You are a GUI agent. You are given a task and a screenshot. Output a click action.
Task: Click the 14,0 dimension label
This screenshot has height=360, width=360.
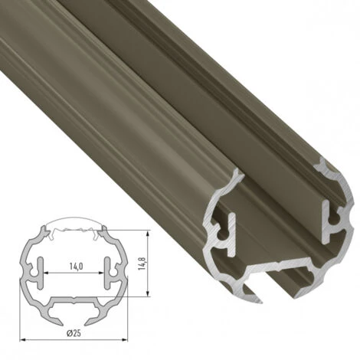pos(75,267)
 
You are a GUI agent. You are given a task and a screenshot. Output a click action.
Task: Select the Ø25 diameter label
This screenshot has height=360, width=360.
pos(74,333)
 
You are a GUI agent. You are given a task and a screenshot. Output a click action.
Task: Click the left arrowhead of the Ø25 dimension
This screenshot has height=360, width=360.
pos(23,340)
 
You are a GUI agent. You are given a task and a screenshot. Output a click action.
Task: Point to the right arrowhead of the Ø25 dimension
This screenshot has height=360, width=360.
pos(124,340)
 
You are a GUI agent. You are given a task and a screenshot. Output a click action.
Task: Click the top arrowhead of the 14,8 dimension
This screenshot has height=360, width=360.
pos(148,234)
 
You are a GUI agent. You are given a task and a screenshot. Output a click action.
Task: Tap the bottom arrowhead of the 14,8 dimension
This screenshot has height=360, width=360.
pos(148,293)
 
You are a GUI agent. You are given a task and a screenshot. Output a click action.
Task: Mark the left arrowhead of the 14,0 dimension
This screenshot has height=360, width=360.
pos(47,273)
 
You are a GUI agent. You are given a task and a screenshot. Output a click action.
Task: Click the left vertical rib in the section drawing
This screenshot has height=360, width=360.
pos(41,273)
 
